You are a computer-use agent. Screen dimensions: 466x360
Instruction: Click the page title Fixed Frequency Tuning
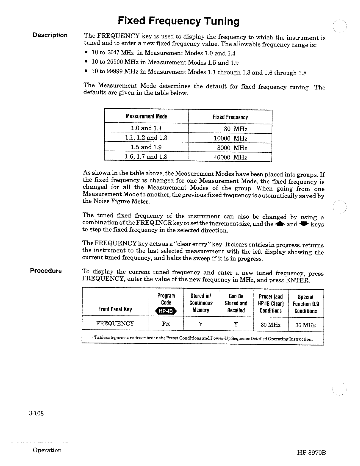coord(178,21)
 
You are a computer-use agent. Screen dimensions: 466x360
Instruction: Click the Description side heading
coord(50,35)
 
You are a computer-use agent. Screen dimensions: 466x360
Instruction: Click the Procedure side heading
coord(46,271)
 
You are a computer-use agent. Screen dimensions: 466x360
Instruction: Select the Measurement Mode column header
coord(146,117)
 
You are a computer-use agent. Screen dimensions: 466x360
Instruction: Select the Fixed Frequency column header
coord(230,117)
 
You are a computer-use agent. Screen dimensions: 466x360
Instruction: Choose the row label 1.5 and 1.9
coord(146,147)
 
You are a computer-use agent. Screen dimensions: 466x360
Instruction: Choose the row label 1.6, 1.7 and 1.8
coord(146,156)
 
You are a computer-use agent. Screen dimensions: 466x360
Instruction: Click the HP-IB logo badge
coord(166,311)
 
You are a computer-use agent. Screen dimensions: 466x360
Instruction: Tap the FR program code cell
coord(166,324)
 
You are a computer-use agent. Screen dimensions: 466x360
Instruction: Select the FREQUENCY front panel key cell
coord(115,324)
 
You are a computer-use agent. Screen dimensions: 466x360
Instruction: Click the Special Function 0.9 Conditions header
coord(306,304)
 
